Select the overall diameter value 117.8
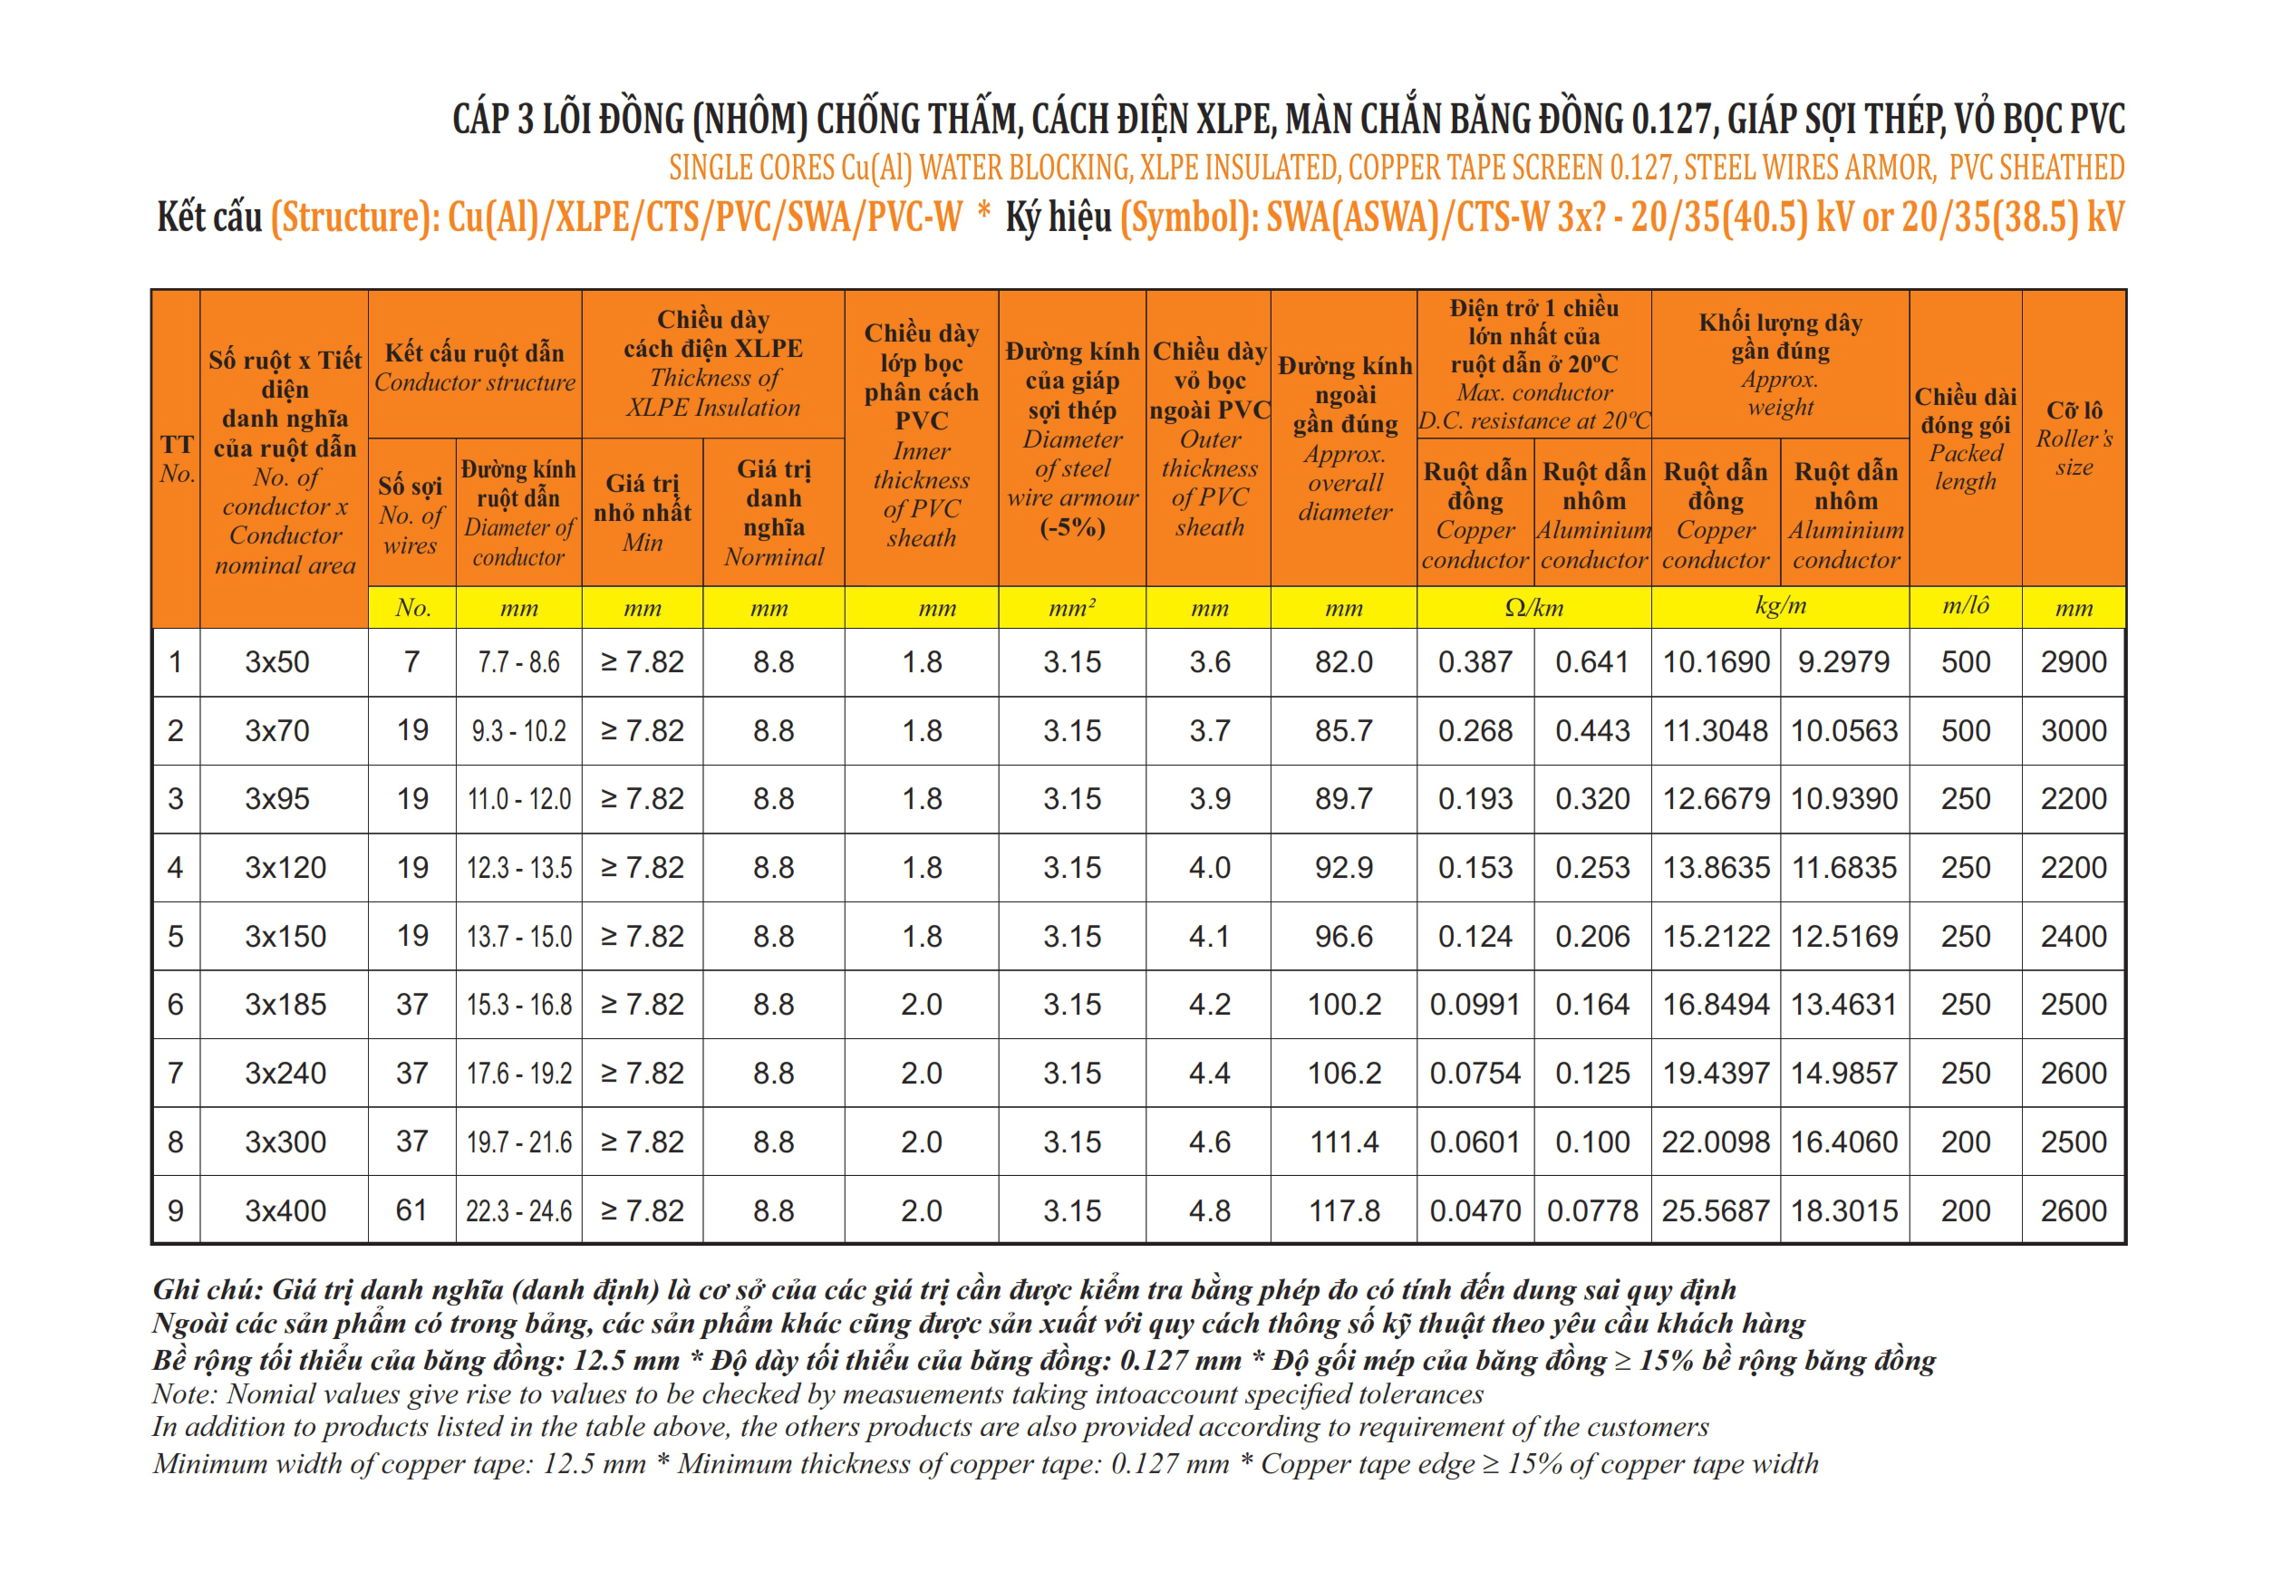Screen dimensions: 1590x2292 [x=1343, y=1210]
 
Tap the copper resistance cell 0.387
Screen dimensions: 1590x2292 [x=1475, y=661]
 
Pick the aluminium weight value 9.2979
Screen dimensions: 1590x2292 [x=1843, y=661]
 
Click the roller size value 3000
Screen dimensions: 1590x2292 [x=2073, y=730]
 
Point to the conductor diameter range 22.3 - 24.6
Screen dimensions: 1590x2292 [x=518, y=1210]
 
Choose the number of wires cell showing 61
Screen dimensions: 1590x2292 [x=411, y=1210]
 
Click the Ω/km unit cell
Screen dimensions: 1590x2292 [x=1533, y=608]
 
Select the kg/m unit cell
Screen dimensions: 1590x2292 [x=1780, y=606]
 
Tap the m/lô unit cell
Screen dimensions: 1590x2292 [x=1965, y=606]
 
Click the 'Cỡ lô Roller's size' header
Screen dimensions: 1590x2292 [x=2073, y=438]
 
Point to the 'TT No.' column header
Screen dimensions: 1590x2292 [x=177, y=458]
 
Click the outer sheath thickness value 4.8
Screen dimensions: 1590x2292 [x=1209, y=1210]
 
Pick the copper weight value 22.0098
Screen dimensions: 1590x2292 [x=1715, y=1142]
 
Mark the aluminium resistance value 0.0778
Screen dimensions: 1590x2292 [x=1592, y=1210]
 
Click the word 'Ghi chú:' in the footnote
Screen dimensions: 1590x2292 [x=208, y=1290]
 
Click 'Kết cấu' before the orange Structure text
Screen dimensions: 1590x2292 [x=209, y=217]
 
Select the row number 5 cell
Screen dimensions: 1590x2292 [x=176, y=937]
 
